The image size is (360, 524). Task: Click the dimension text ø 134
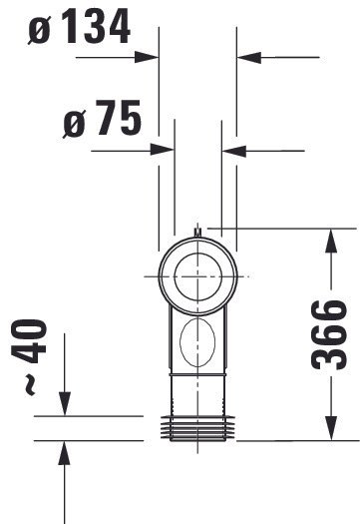point(79,26)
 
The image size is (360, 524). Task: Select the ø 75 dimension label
point(102,119)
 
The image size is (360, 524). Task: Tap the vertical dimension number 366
point(329,334)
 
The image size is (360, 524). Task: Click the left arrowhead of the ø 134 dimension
point(147,57)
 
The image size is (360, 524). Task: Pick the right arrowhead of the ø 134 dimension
point(248,58)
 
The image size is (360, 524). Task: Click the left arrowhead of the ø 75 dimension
point(163,150)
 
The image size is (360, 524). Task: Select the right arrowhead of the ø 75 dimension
point(234,151)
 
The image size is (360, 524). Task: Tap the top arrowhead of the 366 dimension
point(331,241)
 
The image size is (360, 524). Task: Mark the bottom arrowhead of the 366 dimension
point(331,428)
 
